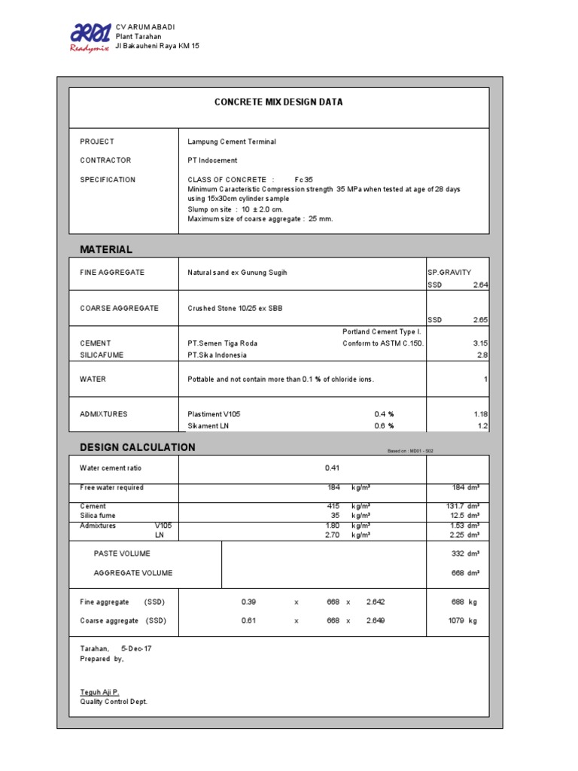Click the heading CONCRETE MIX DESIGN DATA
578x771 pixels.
pos(278,102)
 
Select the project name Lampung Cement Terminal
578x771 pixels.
pos(232,142)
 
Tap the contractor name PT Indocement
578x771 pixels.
pos(212,160)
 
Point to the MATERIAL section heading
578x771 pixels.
pos(106,249)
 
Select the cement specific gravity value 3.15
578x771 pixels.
pos(480,343)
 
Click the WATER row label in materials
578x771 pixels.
pos(93,379)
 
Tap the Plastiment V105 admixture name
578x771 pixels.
pos(214,414)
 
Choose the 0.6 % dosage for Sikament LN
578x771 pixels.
pos(384,426)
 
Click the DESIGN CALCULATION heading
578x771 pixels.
pos(138,447)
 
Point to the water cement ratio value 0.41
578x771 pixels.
pos(333,468)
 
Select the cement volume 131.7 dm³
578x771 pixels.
pos(463,506)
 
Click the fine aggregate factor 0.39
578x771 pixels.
pos(248,602)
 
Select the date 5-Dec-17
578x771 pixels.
pos(136,648)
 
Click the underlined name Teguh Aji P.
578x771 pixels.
pos(99,691)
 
